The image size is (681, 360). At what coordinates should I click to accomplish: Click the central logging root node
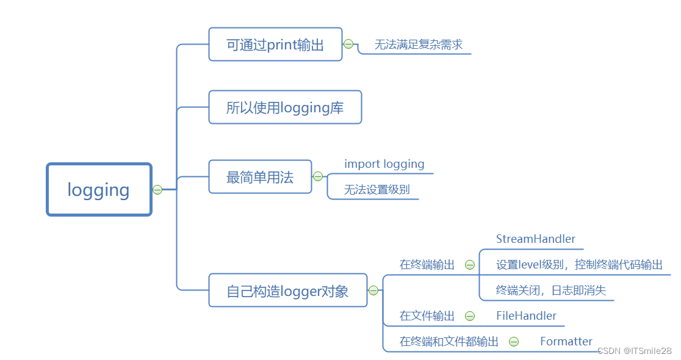point(99,190)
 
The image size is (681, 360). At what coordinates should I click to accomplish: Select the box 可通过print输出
point(275,45)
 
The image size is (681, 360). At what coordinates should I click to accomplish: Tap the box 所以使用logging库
point(285,107)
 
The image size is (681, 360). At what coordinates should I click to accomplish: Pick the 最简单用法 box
point(260,177)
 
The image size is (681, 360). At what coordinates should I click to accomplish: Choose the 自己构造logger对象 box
point(287,290)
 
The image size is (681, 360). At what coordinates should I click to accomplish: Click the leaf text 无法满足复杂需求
point(418,45)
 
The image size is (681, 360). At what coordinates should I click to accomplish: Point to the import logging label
point(384,164)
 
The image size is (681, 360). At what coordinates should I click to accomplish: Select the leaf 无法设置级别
point(377,190)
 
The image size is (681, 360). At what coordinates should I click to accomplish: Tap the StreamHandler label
point(535,239)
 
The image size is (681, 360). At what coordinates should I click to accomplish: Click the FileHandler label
point(526,315)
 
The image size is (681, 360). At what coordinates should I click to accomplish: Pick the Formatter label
point(566,341)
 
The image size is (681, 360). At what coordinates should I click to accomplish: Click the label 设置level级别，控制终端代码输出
point(579,265)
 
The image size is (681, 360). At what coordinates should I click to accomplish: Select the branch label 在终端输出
point(427,265)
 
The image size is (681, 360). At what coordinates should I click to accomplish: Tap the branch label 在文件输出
point(427,315)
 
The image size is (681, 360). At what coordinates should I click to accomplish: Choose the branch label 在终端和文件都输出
point(449,342)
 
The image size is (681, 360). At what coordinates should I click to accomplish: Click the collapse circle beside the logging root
point(157,190)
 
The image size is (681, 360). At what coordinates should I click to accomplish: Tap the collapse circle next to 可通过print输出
point(348,44)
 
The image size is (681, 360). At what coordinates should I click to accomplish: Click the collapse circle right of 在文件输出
point(470,315)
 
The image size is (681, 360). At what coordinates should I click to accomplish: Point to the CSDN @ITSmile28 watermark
point(634,351)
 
